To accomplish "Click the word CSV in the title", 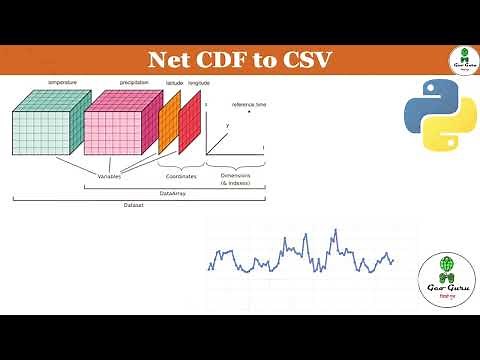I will coord(305,61).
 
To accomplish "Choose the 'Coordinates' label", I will coord(181,176).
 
